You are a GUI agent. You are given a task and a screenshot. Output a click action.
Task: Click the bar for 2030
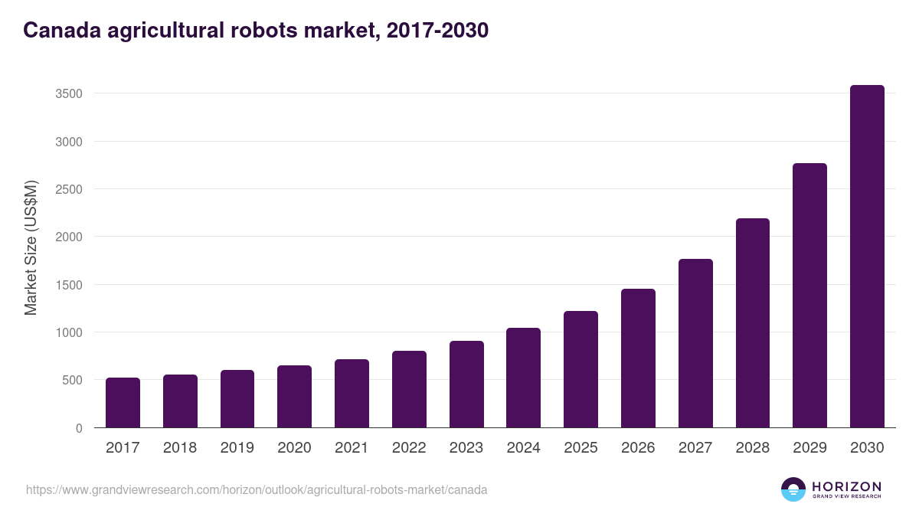pos(867,257)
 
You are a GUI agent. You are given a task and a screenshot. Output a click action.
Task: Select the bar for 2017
pos(123,403)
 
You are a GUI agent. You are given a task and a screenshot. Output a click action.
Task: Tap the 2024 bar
pos(523,378)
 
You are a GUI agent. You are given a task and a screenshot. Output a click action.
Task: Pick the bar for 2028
pos(752,323)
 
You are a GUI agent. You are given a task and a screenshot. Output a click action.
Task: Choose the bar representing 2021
pos(352,394)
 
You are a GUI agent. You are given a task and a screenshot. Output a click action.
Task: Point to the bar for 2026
pos(638,358)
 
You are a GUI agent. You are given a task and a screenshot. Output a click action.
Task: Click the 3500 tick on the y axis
pos(69,94)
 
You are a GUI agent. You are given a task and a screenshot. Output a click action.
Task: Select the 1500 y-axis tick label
pos(69,285)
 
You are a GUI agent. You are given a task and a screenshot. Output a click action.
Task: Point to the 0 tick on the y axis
pos(79,428)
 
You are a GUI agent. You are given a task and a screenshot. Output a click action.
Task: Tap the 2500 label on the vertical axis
pos(69,189)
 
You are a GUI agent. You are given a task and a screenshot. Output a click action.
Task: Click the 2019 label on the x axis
pos(237,448)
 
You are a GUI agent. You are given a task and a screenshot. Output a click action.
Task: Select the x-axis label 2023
pos(466,448)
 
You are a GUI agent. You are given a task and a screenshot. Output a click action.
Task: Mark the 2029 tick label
pos(809,448)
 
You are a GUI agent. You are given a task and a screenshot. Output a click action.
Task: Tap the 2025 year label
pos(581,448)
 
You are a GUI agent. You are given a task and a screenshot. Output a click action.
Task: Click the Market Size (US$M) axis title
pos(31,248)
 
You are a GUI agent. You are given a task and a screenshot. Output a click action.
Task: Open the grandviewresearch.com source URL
pos(257,489)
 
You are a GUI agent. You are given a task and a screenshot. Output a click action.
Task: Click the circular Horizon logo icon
pos(793,489)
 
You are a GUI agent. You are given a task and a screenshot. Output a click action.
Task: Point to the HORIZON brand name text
pos(846,486)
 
